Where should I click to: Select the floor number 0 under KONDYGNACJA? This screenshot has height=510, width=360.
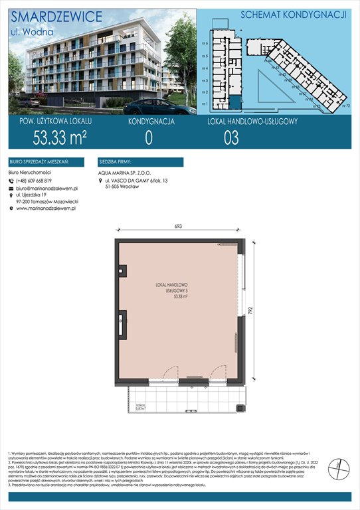[149, 137]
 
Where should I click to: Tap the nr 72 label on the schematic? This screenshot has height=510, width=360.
[346, 106]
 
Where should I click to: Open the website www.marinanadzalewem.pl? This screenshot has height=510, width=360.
[46, 209]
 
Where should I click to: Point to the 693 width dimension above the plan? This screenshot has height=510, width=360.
[179, 228]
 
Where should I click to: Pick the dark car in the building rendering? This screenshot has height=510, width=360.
[150, 108]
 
